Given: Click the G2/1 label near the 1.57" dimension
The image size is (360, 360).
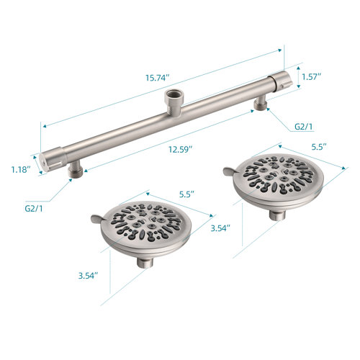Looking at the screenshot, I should pos(304,126).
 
